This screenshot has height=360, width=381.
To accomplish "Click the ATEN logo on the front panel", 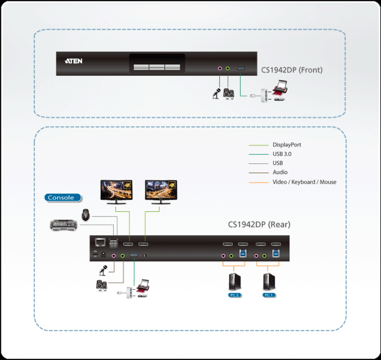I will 73,61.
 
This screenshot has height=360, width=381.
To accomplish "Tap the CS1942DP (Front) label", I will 292,70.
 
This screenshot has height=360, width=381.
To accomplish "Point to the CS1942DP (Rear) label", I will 259,224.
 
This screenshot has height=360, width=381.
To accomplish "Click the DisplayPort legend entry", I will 287,145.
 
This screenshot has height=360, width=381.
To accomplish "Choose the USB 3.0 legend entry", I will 282,154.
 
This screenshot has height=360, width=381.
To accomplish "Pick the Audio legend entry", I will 280,172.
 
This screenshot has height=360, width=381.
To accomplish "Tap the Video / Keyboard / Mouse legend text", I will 304,182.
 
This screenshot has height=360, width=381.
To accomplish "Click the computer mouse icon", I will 85,215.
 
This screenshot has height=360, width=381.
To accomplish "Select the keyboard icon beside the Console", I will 63,225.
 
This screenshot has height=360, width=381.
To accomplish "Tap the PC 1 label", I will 269,295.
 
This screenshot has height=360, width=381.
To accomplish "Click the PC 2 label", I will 234,295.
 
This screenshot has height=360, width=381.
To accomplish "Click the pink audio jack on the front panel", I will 220,68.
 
